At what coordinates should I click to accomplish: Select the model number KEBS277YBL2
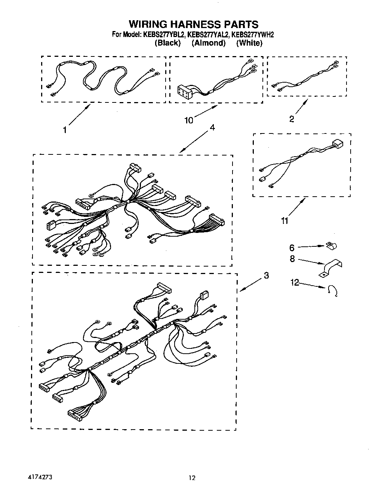point(163,35)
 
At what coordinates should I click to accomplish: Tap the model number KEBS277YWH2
point(253,35)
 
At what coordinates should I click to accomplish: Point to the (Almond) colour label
point(209,43)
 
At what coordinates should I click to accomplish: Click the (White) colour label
point(249,43)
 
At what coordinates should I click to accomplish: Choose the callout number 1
point(65,130)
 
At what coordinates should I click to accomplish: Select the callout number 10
point(189,120)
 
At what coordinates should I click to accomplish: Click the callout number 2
point(292,119)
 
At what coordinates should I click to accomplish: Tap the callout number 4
point(212,127)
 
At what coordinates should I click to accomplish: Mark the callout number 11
point(285,221)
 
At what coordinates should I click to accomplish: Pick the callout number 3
point(266,276)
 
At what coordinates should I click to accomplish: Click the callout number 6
point(292,247)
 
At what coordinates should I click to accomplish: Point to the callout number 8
point(292,259)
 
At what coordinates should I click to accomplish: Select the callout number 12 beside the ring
point(295,283)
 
